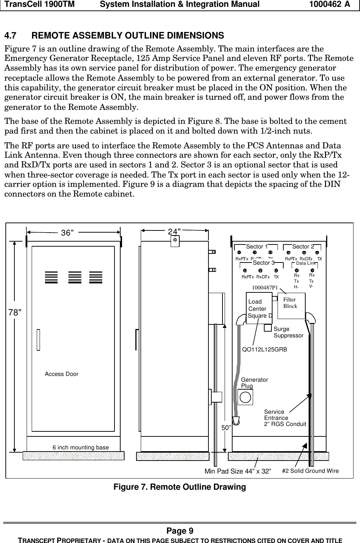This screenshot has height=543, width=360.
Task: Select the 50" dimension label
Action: point(226,427)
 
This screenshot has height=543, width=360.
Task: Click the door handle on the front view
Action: point(38,339)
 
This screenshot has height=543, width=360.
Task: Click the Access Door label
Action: point(62,374)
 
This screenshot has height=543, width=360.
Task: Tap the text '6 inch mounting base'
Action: point(81,448)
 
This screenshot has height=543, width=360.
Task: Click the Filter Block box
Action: point(291,306)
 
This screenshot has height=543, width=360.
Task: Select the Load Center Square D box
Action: point(259,308)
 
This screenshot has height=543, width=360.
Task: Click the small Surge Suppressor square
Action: point(268,328)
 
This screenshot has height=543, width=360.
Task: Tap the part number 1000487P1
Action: point(265,287)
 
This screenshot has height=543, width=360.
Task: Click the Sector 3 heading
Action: point(264,262)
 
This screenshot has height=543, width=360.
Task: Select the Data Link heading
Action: point(306,264)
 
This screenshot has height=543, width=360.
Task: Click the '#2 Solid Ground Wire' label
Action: point(310,471)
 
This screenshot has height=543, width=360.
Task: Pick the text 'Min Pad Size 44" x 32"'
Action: point(238,471)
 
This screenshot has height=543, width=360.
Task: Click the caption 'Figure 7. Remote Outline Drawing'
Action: point(180,487)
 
